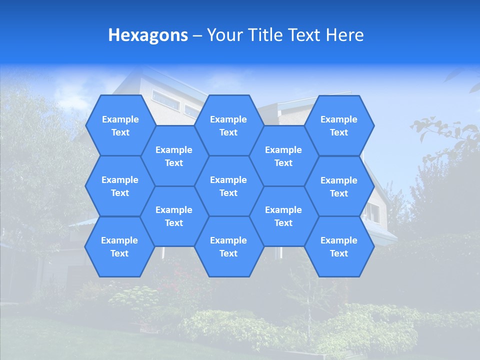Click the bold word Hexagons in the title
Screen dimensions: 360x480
point(148,35)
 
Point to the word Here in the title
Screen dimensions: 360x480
point(344,35)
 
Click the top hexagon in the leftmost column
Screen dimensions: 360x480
point(120,125)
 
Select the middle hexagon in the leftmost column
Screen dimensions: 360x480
point(120,186)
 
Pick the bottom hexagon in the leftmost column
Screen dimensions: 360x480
point(119,246)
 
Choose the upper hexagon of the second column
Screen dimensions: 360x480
point(174,156)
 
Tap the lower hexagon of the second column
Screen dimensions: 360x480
point(174,216)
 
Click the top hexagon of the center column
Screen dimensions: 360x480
point(228,125)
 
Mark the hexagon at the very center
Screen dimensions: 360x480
point(228,186)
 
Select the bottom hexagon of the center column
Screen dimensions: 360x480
point(228,246)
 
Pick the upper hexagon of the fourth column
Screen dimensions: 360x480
point(283,156)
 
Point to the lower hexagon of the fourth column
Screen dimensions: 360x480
point(283,216)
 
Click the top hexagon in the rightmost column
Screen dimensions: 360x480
point(339,125)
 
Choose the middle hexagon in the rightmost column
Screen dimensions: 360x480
point(339,186)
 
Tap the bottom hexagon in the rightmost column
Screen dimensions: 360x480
point(339,246)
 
